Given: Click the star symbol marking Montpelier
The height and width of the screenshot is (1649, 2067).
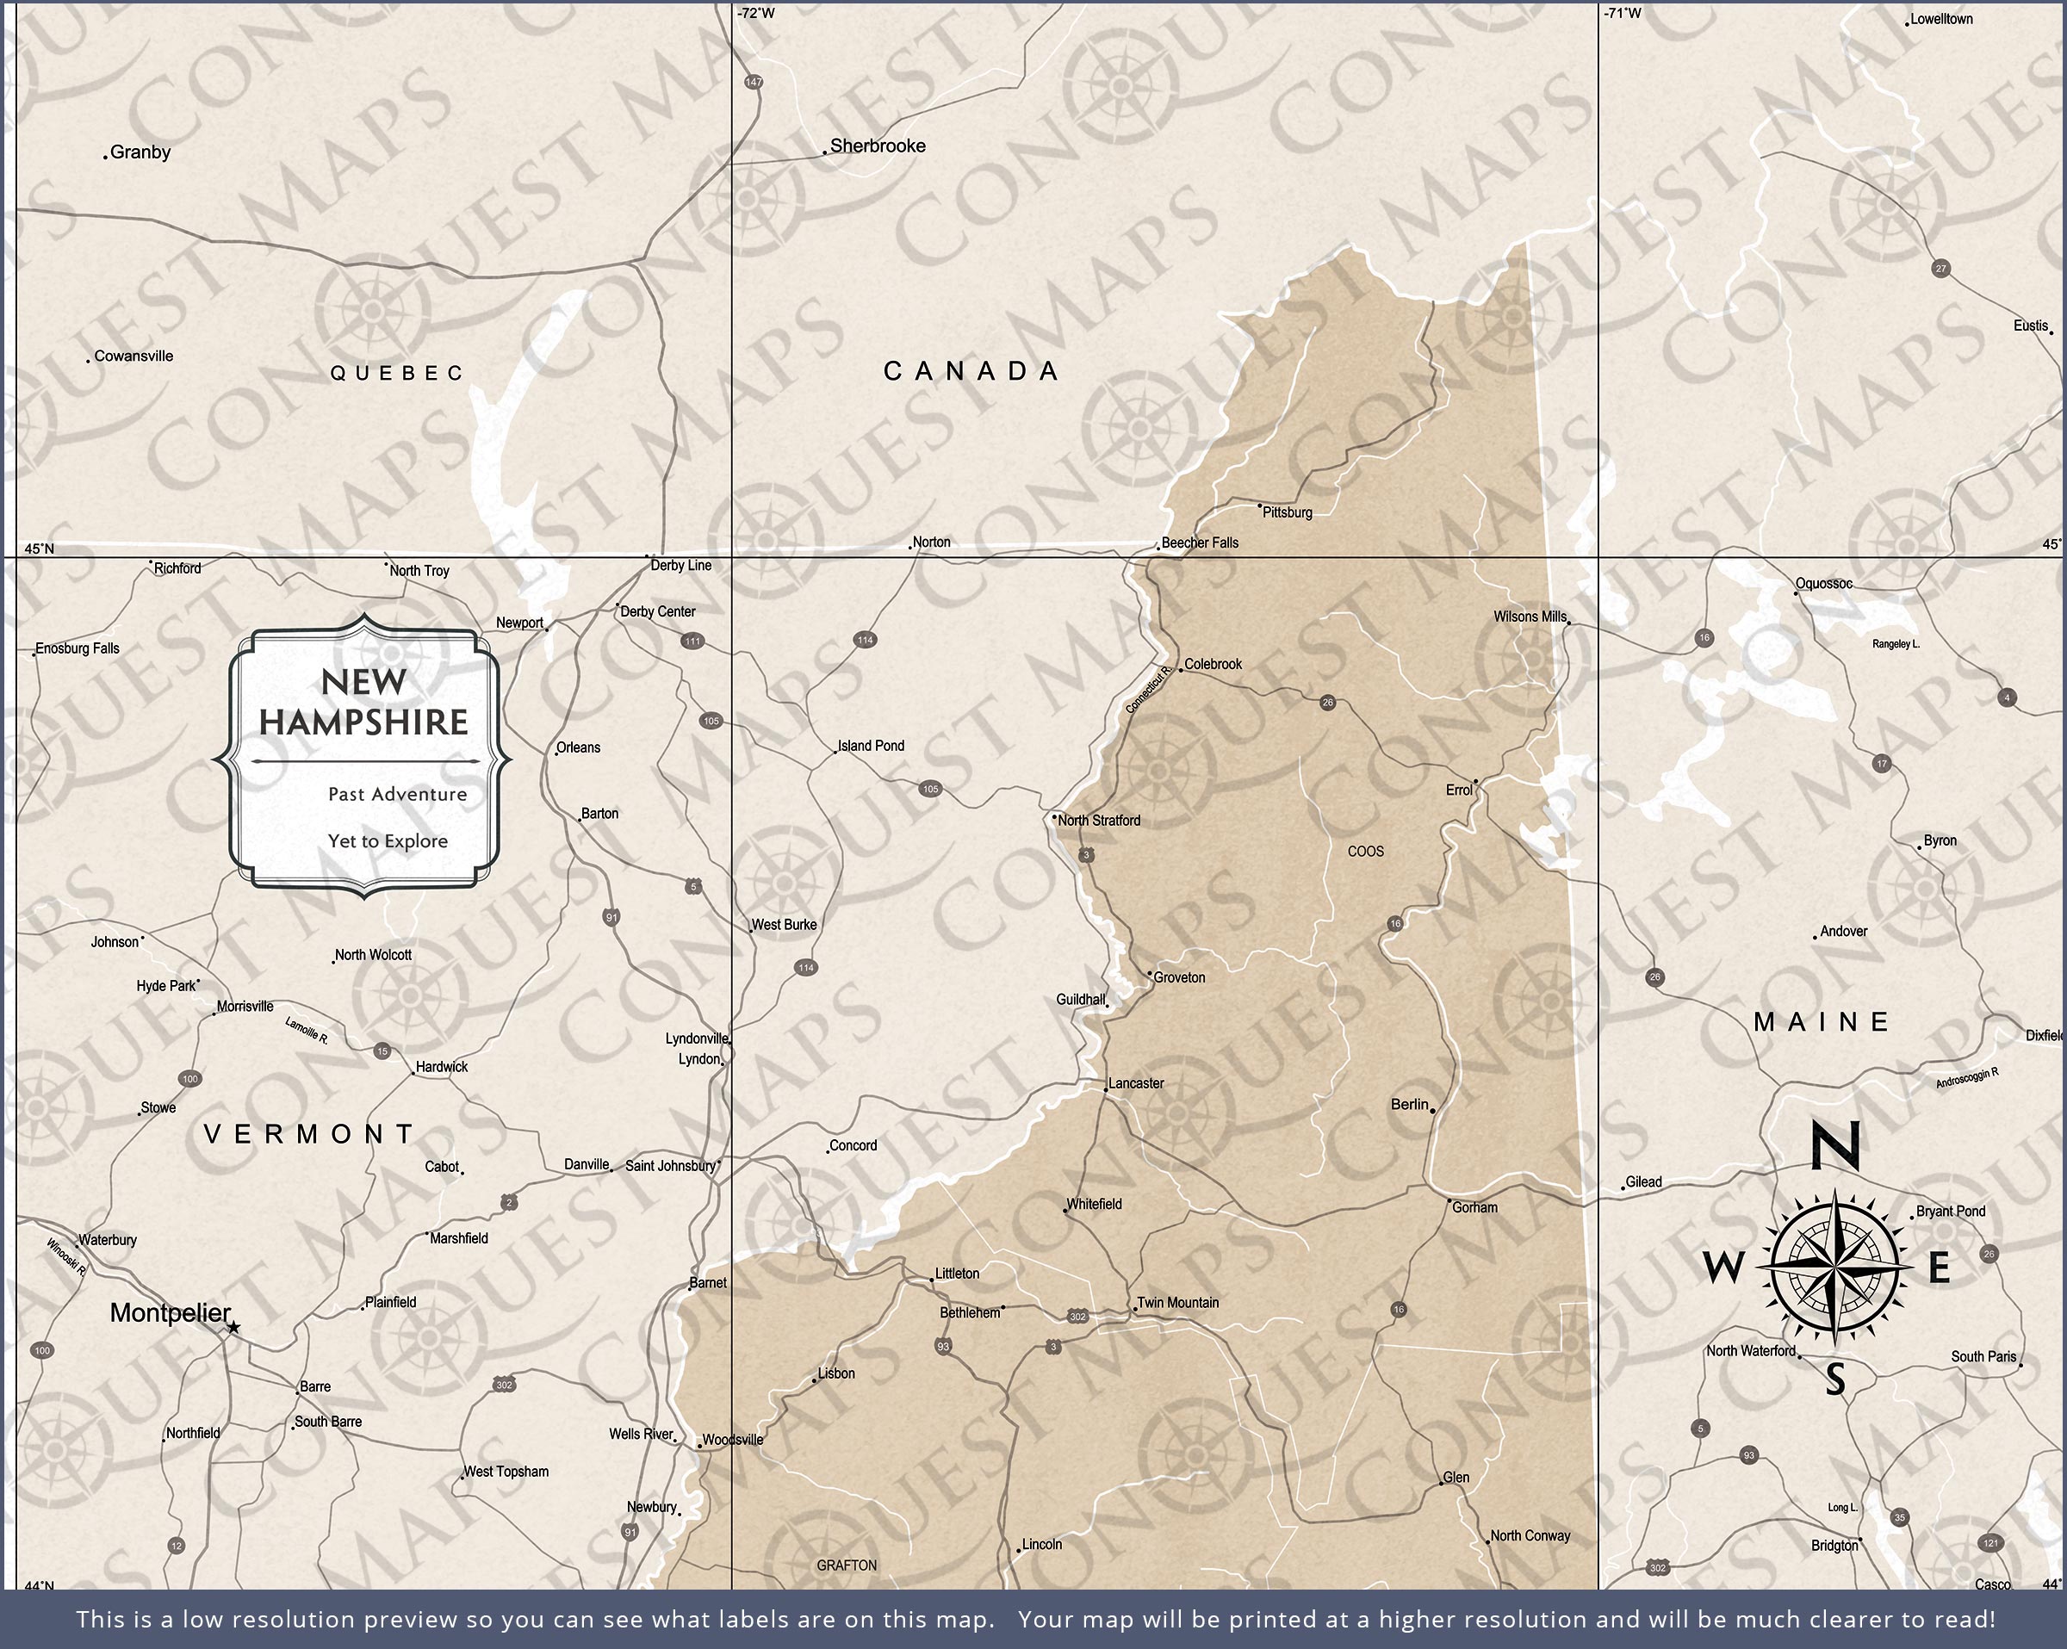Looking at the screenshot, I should tap(233, 1328).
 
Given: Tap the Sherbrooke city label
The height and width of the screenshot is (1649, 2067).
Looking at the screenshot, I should tap(878, 146).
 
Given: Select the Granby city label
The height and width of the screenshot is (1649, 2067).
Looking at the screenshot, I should tap(140, 152).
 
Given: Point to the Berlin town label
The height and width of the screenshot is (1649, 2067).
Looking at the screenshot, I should tap(1409, 1105).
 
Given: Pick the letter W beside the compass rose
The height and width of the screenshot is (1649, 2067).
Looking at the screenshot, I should tap(1723, 1268).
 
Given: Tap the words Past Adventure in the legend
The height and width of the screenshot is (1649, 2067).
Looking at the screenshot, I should tap(397, 794).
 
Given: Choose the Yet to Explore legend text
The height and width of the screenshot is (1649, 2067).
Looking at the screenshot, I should tap(388, 840).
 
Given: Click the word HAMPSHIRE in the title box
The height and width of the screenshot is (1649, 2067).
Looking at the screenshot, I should tap(363, 722).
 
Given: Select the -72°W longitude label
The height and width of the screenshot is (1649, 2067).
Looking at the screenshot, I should tap(755, 12).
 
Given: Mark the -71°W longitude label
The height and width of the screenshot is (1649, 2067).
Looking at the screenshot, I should tap(1621, 12).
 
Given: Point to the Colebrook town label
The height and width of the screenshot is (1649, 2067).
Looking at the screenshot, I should tap(1213, 663).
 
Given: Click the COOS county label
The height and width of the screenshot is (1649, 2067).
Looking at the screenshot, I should tap(1365, 852).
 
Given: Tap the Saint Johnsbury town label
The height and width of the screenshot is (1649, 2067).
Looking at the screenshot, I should tap(670, 1166).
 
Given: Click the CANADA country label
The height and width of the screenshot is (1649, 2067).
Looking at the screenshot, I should tap(971, 371).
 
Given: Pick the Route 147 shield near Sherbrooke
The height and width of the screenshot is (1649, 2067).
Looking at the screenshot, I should tap(753, 83).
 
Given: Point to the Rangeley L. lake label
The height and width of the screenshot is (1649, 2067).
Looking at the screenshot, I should tap(1896, 644).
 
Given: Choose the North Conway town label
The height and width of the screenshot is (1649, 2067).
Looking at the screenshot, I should tap(1530, 1535).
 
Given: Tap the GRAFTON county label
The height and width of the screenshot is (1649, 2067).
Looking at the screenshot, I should tap(846, 1565).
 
